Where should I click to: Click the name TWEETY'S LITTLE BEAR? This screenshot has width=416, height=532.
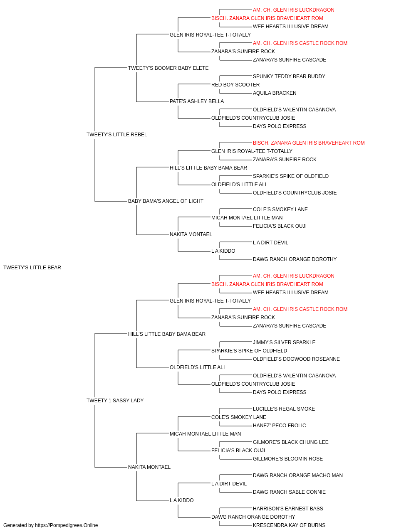[32, 268]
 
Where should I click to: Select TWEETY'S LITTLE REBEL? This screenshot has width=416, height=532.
[116, 135]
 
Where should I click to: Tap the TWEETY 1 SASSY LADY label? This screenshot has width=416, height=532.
[115, 401]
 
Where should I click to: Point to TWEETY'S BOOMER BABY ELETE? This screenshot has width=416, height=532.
[168, 68]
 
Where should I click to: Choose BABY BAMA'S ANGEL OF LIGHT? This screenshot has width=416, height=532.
[166, 201]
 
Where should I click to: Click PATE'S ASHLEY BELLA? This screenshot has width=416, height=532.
[197, 101]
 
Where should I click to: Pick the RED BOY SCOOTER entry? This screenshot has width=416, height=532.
[235, 85]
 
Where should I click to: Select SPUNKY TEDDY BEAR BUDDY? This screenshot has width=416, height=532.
[289, 76]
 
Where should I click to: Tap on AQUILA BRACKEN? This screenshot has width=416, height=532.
[275, 93]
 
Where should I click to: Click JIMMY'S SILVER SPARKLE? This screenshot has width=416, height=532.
[284, 342]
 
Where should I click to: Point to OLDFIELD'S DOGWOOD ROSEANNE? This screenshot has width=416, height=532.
[296, 359]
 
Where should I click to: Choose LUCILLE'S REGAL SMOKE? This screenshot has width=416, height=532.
[284, 409]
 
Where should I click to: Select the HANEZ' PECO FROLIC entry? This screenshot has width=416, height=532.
[279, 426]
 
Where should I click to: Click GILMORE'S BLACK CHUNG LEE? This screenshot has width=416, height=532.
[290, 442]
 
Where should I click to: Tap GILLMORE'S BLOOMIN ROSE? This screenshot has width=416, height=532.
[287, 459]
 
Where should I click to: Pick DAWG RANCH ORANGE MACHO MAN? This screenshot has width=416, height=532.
[298, 475]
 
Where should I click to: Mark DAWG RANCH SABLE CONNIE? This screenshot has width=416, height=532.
[289, 492]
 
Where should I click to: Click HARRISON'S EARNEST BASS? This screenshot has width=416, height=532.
[288, 509]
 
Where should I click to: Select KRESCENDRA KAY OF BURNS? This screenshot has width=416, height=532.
[289, 525]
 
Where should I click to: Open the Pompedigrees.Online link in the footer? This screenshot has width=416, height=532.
[67, 525]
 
